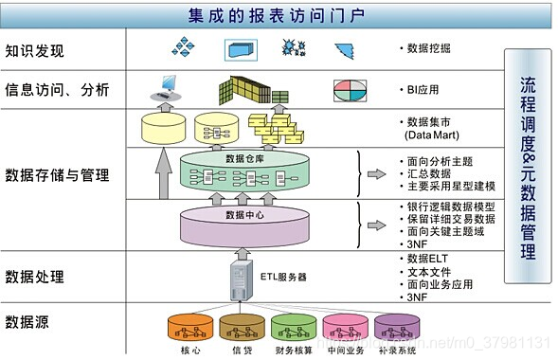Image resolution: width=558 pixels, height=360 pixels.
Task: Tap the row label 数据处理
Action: pyautogui.click(x=36, y=277)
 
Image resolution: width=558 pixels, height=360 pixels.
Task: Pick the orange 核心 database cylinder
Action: pyautogui.click(x=189, y=328)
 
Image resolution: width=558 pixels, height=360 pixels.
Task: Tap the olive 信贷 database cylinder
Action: pyautogui.click(x=242, y=328)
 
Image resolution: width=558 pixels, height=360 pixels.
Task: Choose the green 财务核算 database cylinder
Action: pyautogui.click(x=293, y=328)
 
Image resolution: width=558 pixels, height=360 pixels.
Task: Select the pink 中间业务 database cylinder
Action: pyautogui.click(x=345, y=328)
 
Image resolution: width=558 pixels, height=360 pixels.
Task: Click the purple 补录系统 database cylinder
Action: pyautogui.click(x=396, y=328)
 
